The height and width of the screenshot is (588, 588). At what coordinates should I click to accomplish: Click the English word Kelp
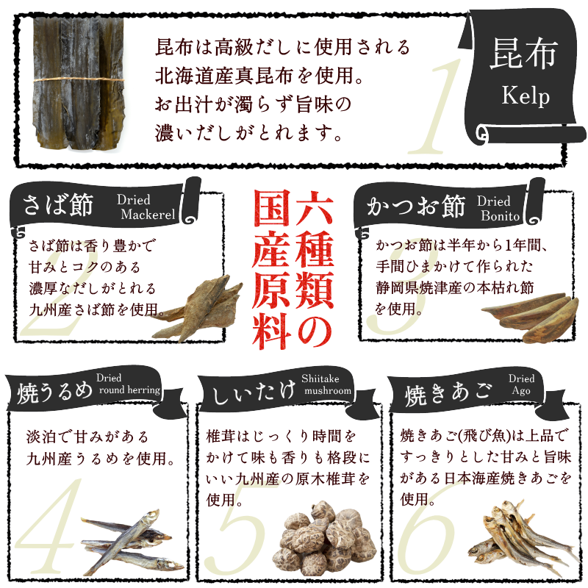click(x=526, y=96)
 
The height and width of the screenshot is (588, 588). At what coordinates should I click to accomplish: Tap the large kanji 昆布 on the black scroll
click(x=523, y=54)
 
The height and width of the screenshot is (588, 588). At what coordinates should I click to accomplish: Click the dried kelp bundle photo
click(x=79, y=82)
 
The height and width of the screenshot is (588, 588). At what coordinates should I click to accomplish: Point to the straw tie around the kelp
click(x=79, y=79)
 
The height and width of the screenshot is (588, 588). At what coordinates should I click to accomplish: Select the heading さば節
click(x=58, y=205)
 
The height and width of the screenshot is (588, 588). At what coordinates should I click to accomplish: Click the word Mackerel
click(x=148, y=215)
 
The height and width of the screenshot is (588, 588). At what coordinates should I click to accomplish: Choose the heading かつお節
click(x=416, y=206)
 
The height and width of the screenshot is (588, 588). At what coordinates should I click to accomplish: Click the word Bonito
click(x=501, y=216)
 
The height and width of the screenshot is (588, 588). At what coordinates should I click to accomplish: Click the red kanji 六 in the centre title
click(x=315, y=208)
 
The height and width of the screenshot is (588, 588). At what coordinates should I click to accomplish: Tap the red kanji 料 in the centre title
click(x=271, y=331)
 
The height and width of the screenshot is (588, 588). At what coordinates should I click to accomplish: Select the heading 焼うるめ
click(x=54, y=393)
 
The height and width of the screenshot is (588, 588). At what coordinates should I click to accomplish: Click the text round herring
click(x=129, y=390)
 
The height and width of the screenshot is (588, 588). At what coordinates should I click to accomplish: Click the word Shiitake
click(x=320, y=379)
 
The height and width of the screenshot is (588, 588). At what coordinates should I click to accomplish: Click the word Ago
click(x=521, y=391)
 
